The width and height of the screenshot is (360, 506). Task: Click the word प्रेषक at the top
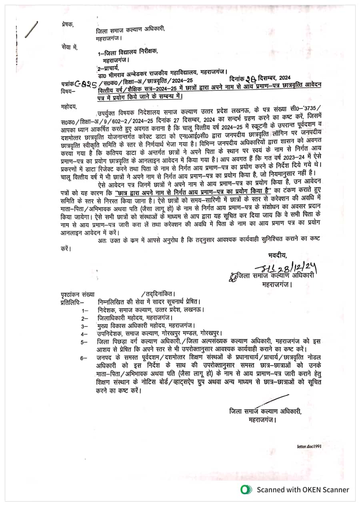(68, 24)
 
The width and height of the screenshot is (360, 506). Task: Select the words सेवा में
(70, 47)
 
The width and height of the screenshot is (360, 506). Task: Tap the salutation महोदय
(68, 107)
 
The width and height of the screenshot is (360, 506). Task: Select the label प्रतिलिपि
(70, 301)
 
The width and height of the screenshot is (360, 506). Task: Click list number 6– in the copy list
(84, 357)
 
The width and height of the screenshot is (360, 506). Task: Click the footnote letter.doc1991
(309, 446)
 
